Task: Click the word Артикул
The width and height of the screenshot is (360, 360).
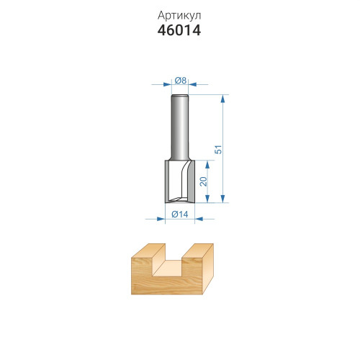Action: pyautogui.click(x=179, y=16)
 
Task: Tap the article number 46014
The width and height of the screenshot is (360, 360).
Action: pyautogui.click(x=179, y=30)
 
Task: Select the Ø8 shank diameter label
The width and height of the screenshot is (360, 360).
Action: pyautogui.click(x=181, y=81)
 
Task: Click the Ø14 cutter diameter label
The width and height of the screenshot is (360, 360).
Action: pyautogui.click(x=180, y=214)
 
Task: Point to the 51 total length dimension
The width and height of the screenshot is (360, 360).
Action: pyautogui.click(x=218, y=149)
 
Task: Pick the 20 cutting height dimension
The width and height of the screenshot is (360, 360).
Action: pyautogui.click(x=203, y=181)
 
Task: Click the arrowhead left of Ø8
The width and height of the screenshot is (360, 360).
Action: pyautogui.click(x=167, y=84)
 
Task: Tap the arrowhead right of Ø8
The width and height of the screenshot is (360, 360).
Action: pyautogui.click(x=193, y=84)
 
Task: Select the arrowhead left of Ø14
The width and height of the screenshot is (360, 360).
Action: pyautogui.click(x=161, y=219)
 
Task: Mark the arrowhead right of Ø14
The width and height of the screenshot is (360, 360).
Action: pyautogui.click(x=199, y=219)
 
